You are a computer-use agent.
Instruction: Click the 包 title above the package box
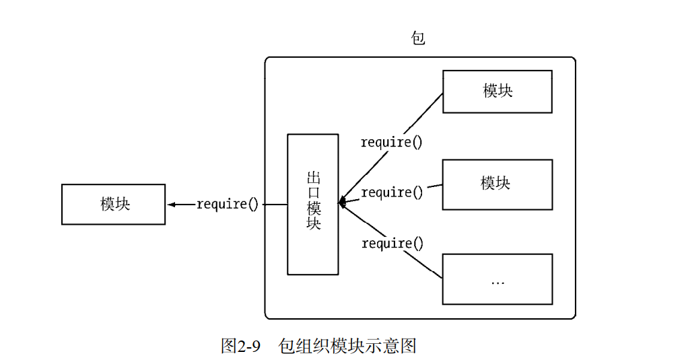[418, 38]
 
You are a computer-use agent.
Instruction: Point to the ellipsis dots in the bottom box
[498, 283]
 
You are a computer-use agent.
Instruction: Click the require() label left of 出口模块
[228, 205]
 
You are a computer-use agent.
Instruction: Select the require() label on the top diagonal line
[392, 143]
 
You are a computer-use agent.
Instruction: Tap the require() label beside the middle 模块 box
[392, 193]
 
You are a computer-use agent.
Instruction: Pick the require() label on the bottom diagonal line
[392, 244]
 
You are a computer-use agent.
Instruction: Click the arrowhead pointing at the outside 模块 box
[172, 205]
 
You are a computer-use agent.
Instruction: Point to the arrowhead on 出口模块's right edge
[342, 202]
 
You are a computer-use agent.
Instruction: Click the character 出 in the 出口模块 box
[313, 178]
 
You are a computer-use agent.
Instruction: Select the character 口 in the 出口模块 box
[313, 193]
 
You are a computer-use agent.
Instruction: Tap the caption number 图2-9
[240, 346]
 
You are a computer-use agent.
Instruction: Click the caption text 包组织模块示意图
[347, 346]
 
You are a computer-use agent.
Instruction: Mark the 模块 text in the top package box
[498, 91]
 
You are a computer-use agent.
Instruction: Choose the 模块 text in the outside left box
[114, 205]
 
